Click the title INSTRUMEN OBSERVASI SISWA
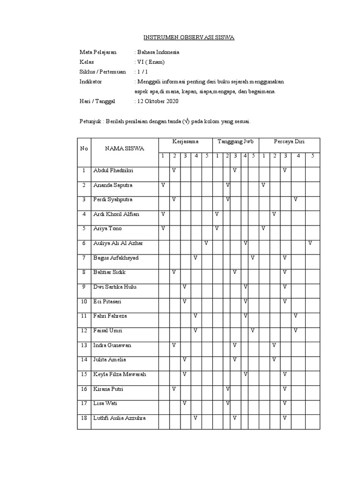click(188, 37)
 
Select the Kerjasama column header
click(185, 141)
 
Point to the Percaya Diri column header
click(289, 141)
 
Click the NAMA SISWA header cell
click(125, 149)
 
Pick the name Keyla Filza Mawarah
click(120, 375)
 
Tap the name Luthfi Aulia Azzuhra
click(119, 418)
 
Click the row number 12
click(84, 331)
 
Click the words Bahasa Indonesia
click(157, 52)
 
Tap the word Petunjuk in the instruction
click(90, 121)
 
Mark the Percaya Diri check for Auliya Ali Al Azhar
click(310, 243)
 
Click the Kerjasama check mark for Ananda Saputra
click(163, 185)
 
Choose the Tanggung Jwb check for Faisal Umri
click(252, 330)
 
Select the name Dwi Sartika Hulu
click(115, 287)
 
